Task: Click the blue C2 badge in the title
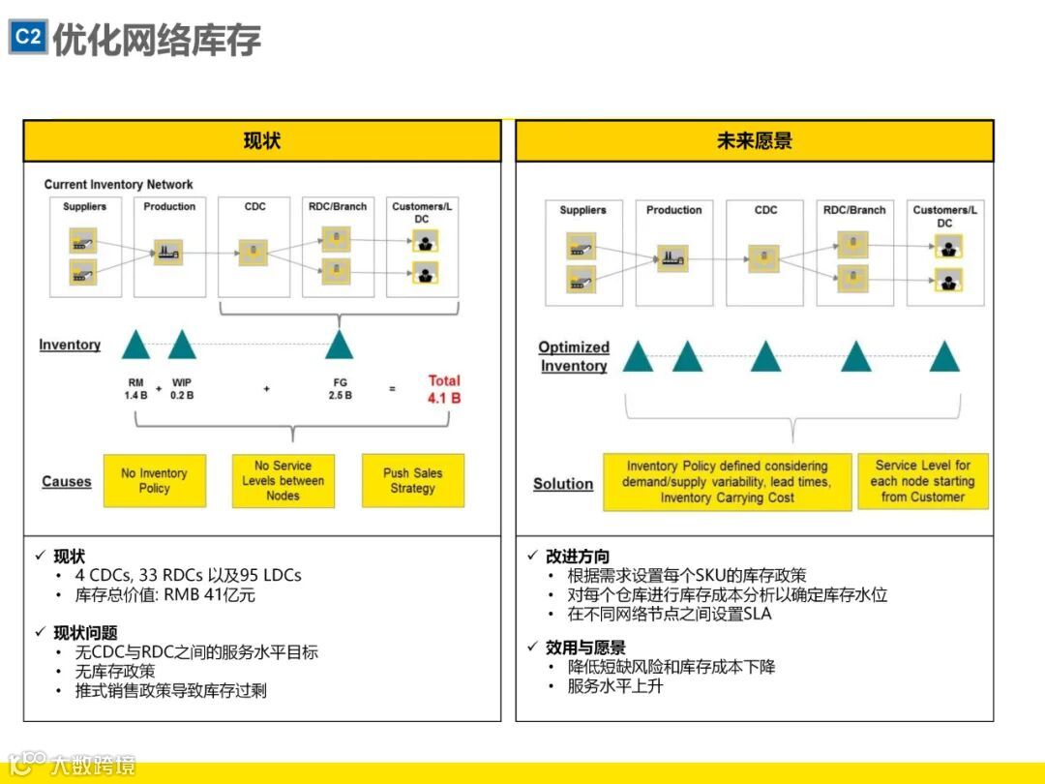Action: click(28, 37)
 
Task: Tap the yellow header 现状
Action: click(262, 141)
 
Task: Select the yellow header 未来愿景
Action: click(754, 141)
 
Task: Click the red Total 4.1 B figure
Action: click(444, 388)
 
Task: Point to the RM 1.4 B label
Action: click(135, 389)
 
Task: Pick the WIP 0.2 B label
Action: click(182, 389)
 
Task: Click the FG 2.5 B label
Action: click(340, 389)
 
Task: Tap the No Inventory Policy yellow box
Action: click(154, 481)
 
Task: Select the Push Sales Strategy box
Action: click(412, 481)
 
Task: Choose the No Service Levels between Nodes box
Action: click(283, 481)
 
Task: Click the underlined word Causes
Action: click(67, 482)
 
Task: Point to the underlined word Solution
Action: click(563, 484)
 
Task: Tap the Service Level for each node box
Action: click(922, 481)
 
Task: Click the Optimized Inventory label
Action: click(574, 356)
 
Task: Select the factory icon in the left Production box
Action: click(169, 254)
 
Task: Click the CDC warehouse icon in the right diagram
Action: click(762, 257)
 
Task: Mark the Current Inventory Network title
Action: click(118, 184)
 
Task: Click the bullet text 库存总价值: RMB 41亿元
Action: click(165, 595)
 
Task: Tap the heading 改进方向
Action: click(578, 557)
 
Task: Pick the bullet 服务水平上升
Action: click(615, 686)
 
